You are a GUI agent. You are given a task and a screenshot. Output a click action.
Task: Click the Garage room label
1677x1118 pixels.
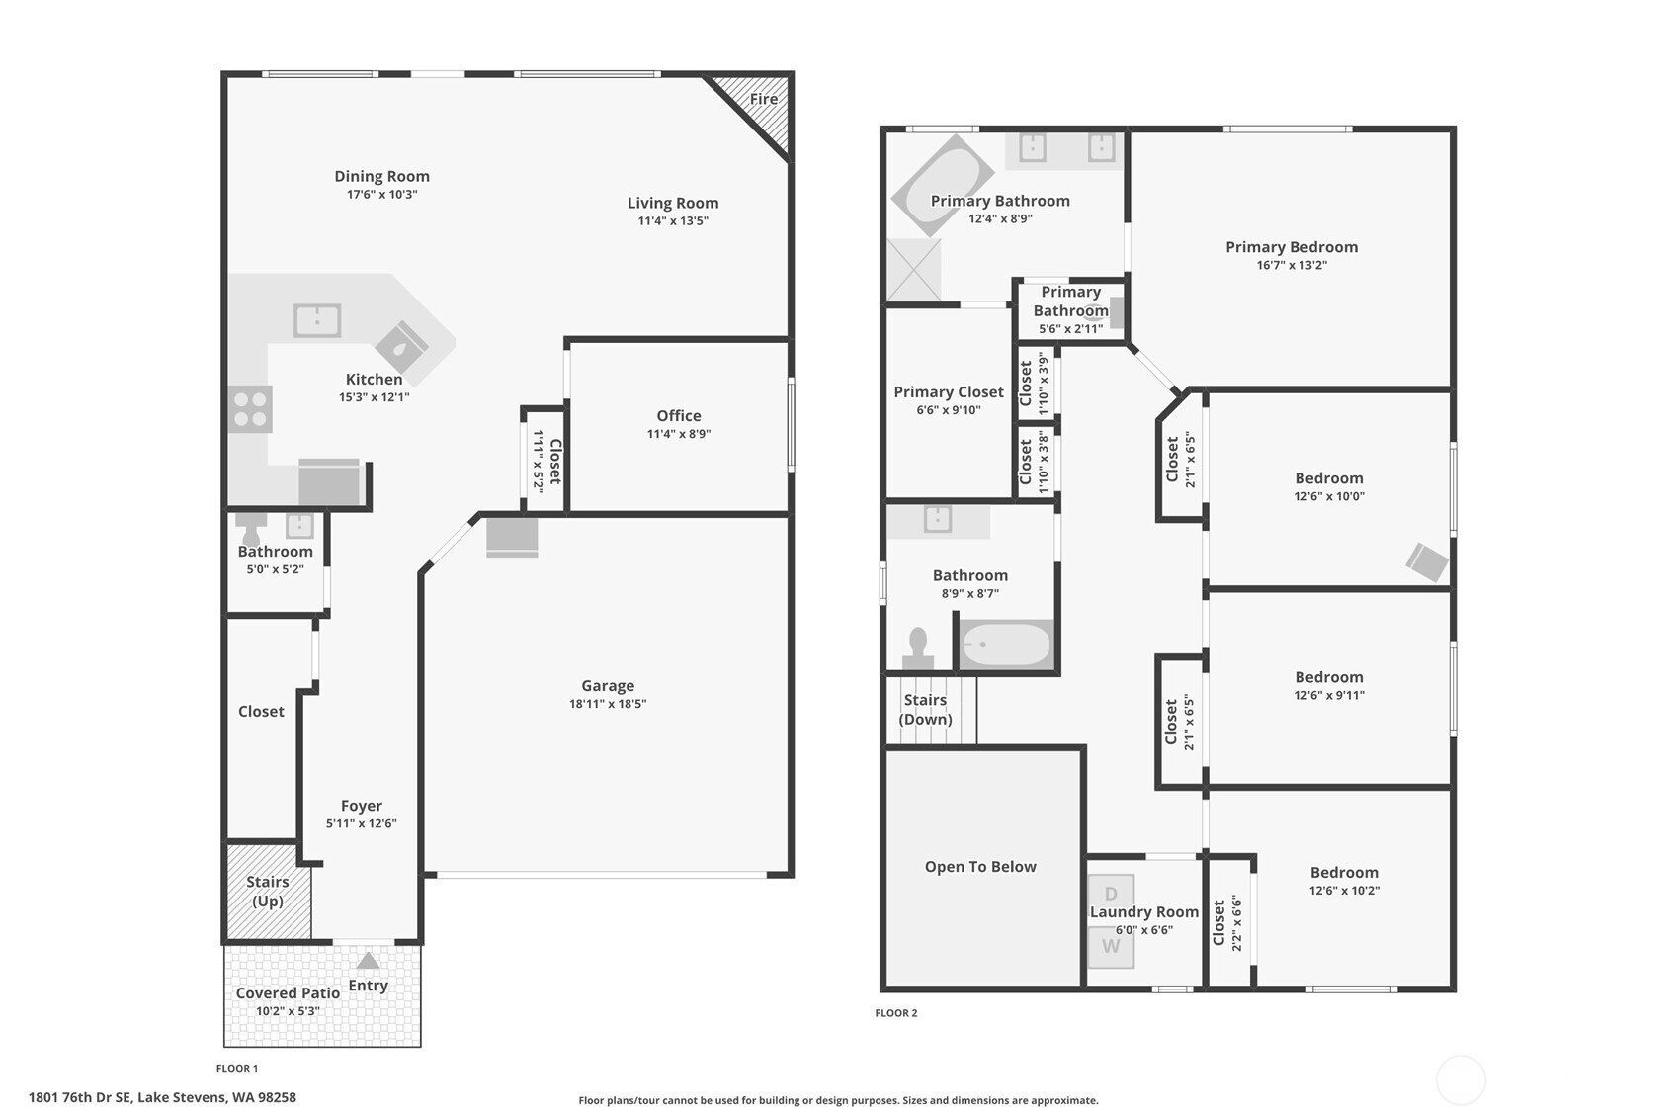pos(607,685)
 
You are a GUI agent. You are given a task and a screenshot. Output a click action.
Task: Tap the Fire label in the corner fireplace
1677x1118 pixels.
pos(764,99)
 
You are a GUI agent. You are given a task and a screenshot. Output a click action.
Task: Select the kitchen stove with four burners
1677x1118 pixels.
pos(250,409)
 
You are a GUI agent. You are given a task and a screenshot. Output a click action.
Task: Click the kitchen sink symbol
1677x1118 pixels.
pos(317,320)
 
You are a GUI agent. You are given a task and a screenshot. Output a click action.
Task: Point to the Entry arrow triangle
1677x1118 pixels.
pos(368,961)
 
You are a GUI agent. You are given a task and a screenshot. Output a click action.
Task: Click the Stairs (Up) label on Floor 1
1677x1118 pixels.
pos(267,891)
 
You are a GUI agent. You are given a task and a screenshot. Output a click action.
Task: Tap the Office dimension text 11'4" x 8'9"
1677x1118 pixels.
pos(678,434)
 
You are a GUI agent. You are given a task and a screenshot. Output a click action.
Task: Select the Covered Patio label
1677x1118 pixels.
pos(288,992)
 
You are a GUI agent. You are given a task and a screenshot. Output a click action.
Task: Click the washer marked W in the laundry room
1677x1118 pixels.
pos(1111,947)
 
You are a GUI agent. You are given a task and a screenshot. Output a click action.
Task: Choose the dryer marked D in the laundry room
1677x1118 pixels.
pos(1111,894)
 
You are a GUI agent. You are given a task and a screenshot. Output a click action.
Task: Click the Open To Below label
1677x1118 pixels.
pos(980,866)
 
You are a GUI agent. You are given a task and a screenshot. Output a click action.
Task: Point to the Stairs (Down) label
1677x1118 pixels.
pos(925,709)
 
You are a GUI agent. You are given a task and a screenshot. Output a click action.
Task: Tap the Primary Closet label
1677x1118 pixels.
pos(949,391)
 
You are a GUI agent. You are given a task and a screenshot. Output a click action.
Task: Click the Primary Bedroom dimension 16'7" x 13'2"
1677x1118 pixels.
pos(1292,265)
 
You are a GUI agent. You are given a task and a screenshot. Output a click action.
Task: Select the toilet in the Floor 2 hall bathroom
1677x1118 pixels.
pos(918,648)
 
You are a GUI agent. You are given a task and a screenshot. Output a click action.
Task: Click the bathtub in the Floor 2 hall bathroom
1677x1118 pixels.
pos(1006,644)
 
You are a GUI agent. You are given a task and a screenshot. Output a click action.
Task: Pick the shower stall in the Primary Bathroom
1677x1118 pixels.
pos(914,270)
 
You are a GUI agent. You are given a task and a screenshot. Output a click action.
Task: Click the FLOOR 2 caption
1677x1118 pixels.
pos(896,1013)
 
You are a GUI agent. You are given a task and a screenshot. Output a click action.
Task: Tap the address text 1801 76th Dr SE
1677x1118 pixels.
pos(80,1098)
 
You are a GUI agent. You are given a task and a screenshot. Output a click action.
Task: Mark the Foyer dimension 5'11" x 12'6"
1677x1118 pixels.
pos(361,823)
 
